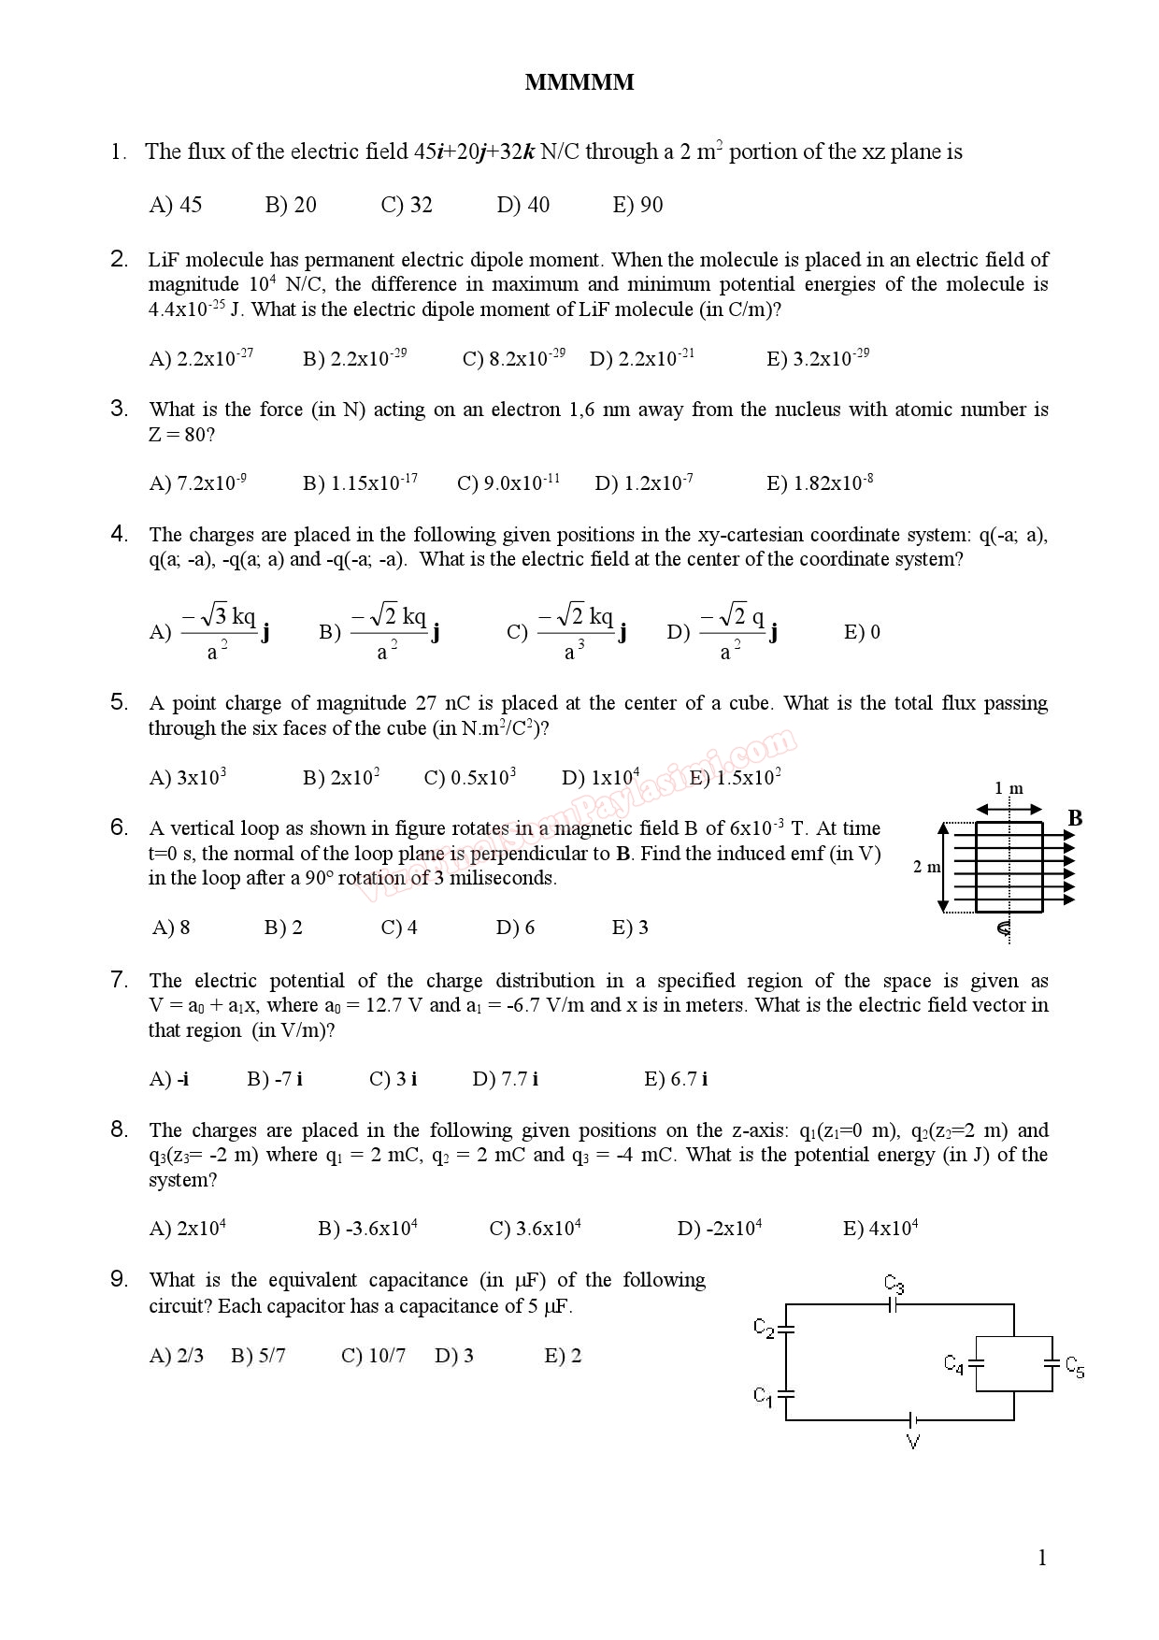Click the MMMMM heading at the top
579,83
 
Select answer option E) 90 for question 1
637,205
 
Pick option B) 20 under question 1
291,205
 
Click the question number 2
119,259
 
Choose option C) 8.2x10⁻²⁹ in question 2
513,358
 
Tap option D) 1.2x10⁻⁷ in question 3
644,482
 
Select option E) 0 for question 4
862,632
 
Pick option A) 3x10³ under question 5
188,777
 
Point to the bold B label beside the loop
1075,819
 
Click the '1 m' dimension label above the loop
1009,788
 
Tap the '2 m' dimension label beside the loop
927,867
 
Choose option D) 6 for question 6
515,928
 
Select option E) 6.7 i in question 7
676,1079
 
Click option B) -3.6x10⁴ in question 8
367,1229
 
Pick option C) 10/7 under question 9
373,1356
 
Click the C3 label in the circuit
894,1284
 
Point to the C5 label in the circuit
1075,1367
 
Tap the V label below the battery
913,1442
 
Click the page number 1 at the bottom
1042,1558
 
